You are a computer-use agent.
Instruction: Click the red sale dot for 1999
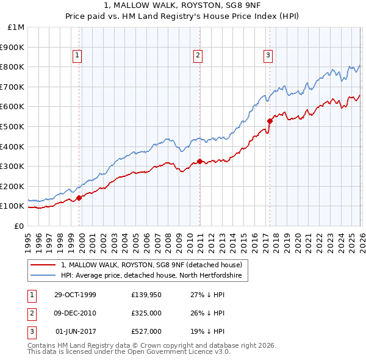click(79, 198)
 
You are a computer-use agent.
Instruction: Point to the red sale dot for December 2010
click(199, 161)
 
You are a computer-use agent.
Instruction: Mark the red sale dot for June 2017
click(269, 121)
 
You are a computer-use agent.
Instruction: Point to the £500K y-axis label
click(13, 126)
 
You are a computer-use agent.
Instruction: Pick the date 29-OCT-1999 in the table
click(75, 295)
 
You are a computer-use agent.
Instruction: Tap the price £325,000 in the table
click(146, 313)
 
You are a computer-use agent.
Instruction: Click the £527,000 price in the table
click(146, 331)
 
